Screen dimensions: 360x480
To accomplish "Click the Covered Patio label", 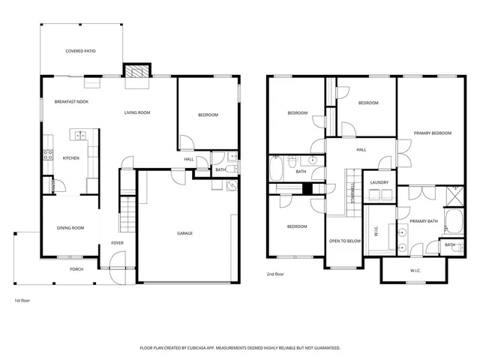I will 79,51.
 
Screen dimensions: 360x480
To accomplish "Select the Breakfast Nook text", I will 71,101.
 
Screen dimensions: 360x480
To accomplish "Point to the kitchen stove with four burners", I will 47,155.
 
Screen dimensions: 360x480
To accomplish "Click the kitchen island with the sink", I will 79,135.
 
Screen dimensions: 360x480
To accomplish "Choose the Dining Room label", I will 70,228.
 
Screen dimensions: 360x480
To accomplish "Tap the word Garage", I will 184,233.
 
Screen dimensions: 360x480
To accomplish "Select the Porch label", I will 76,268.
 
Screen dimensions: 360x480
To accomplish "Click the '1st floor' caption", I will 22,300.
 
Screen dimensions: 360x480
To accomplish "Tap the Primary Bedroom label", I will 433,133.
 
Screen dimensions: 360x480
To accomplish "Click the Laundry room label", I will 379,181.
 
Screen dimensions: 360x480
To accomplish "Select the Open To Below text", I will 345,241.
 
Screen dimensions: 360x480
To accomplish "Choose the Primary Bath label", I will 423,221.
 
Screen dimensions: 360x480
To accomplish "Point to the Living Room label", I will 137,112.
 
